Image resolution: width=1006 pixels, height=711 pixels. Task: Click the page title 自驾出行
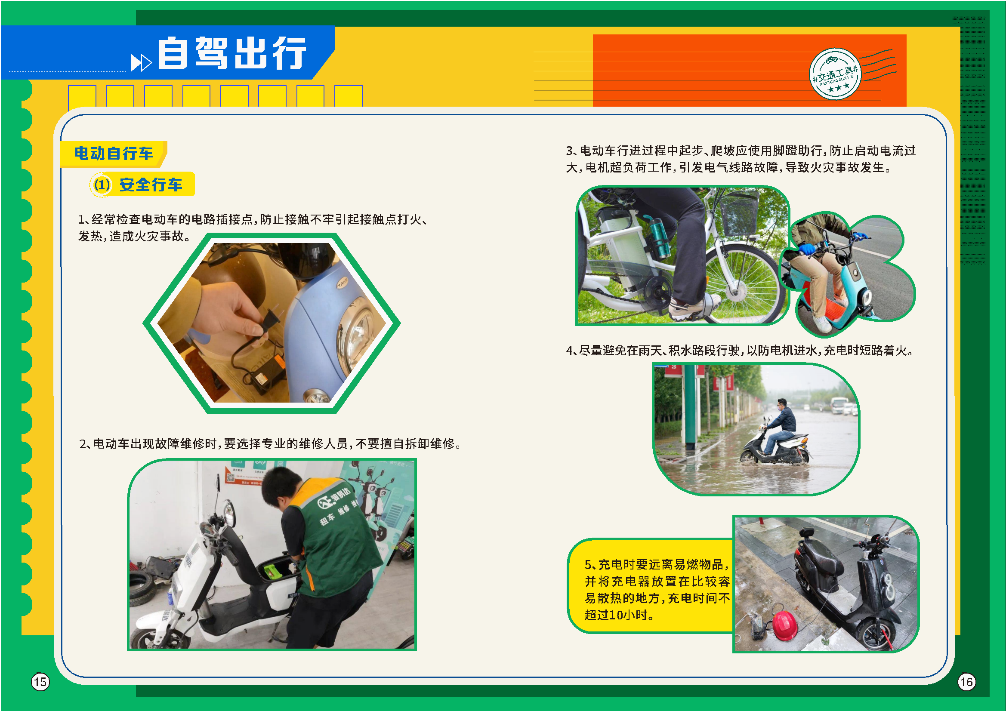pyautogui.click(x=232, y=53)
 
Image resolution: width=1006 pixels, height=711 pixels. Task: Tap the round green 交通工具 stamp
pyautogui.click(x=835, y=74)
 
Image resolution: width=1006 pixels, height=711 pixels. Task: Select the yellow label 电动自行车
pyautogui.click(x=114, y=153)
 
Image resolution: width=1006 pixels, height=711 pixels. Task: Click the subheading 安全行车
pyautogui.click(x=151, y=185)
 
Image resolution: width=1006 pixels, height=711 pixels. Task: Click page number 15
pyautogui.click(x=40, y=682)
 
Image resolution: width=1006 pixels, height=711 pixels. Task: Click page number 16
pyautogui.click(x=966, y=682)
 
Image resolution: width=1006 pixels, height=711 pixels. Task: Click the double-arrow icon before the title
pyautogui.click(x=141, y=62)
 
